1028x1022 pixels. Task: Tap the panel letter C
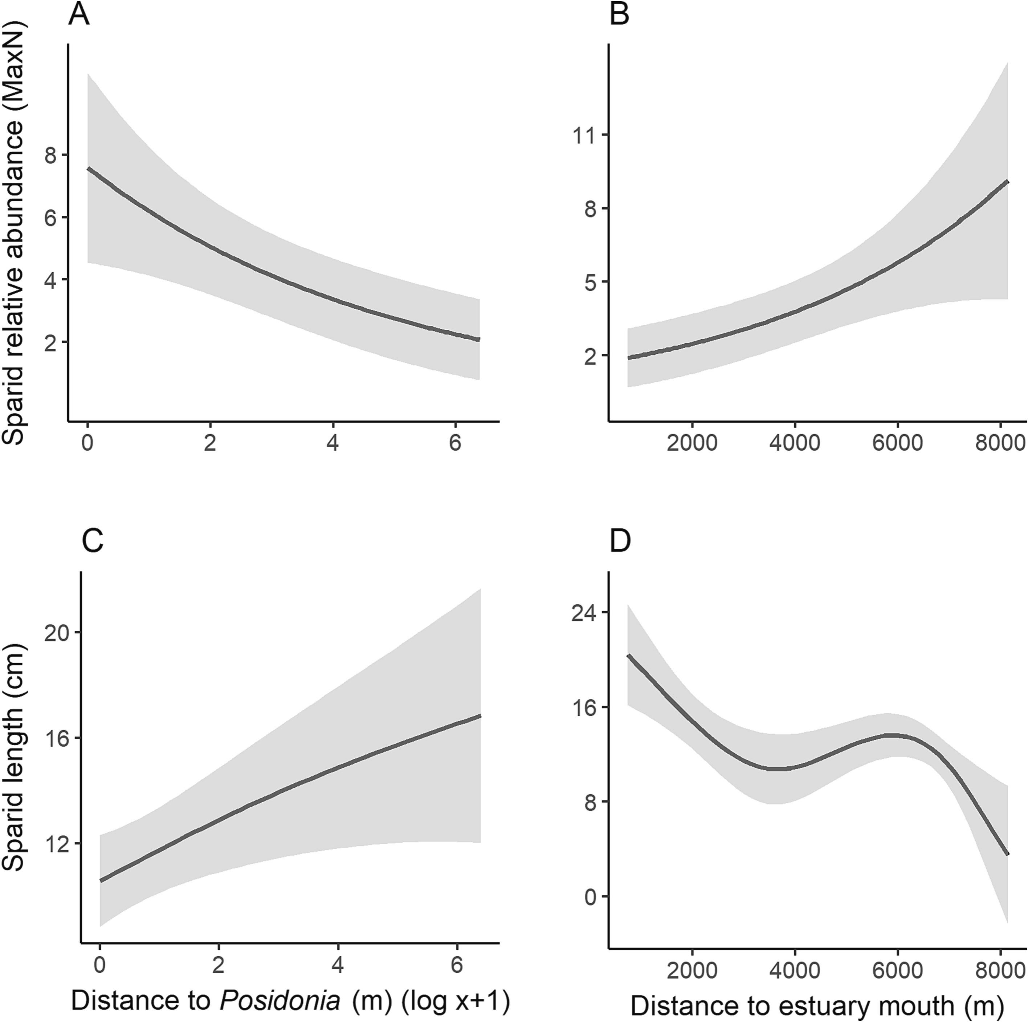pyautogui.click(x=92, y=542)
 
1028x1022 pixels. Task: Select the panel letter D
pyautogui.click(x=620, y=542)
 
